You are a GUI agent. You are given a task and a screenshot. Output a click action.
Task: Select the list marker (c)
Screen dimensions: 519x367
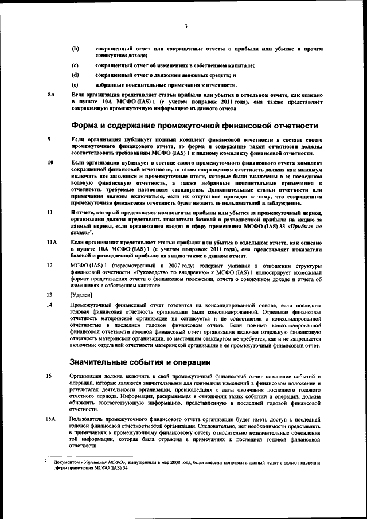click(75, 66)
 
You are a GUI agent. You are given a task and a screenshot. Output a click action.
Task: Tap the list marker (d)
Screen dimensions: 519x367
click(75, 75)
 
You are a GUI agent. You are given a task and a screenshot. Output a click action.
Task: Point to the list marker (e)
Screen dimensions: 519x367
click(75, 84)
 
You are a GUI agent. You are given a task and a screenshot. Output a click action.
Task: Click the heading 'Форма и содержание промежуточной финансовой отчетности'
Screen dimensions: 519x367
click(194, 125)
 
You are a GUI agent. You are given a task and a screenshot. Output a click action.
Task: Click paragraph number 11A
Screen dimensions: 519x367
click(52, 243)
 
